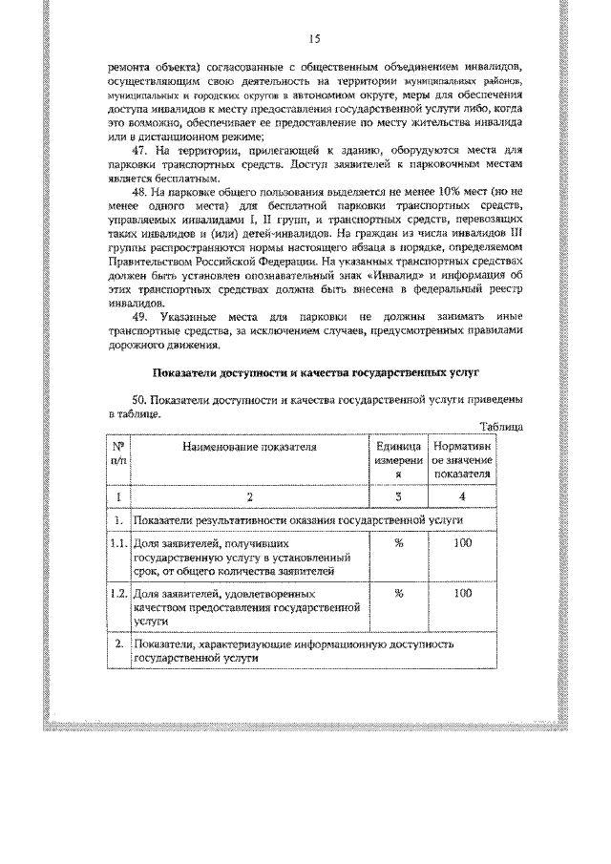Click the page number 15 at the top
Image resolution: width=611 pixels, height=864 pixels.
pyautogui.click(x=312, y=38)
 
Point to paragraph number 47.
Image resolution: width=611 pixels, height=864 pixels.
pyautogui.click(x=138, y=151)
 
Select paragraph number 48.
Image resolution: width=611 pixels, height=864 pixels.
pyautogui.click(x=138, y=192)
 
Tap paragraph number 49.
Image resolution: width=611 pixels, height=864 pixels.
pyautogui.click(x=138, y=316)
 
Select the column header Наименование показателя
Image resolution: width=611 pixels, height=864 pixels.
pyautogui.click(x=250, y=446)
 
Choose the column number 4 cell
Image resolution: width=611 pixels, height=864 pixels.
pyautogui.click(x=462, y=496)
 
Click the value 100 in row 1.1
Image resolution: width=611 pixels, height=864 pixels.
pyautogui.click(x=462, y=543)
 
